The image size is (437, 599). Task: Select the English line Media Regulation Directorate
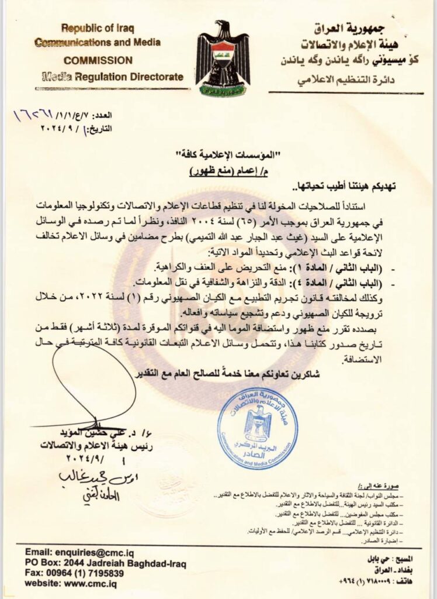pyautogui.click(x=109, y=77)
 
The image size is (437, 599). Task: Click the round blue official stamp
pyautogui.click(x=257, y=428)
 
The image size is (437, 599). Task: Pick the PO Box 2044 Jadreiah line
pyautogui.click(x=106, y=563)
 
